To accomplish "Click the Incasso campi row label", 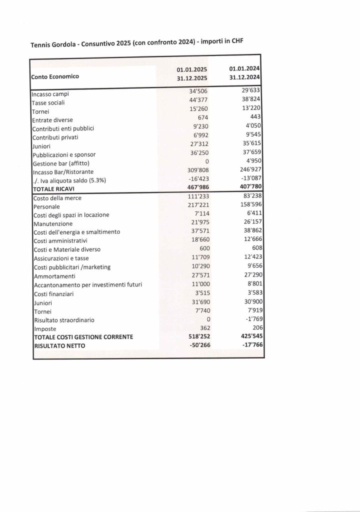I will pos(50,94).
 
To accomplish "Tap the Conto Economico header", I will pos(55,77).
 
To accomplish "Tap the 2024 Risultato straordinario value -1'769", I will pos(252,319).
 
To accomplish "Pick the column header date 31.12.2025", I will pos(191,78).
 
